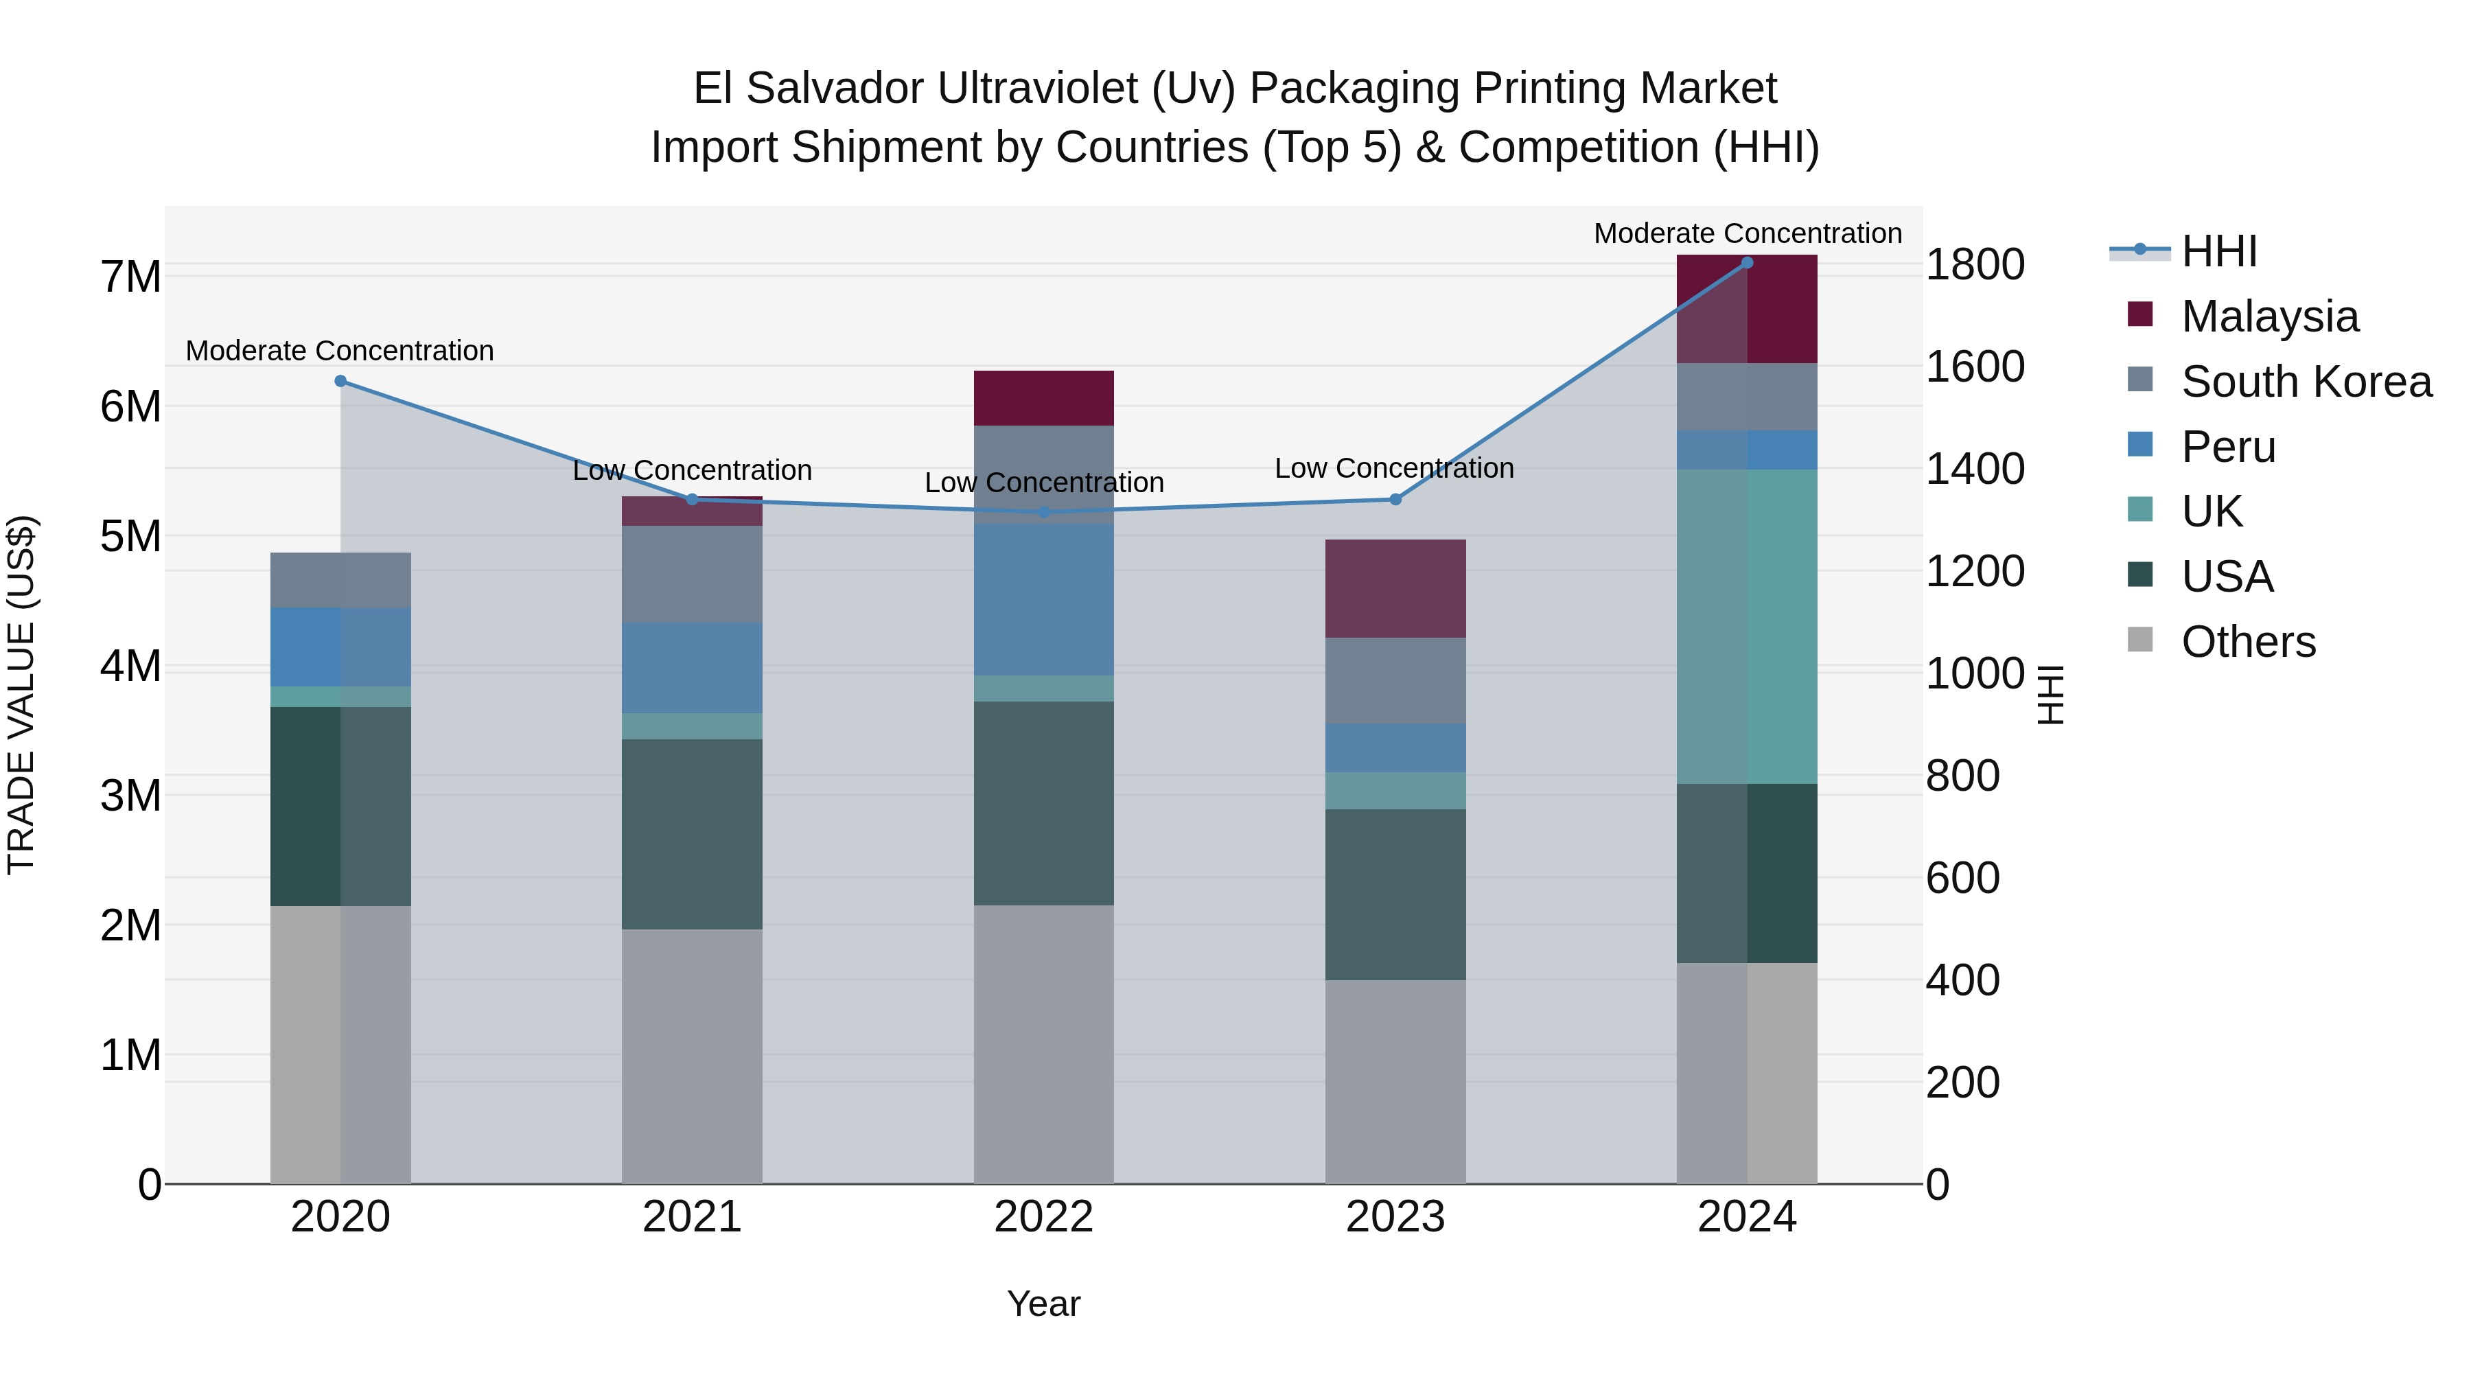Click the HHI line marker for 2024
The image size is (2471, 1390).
pyautogui.click(x=1747, y=263)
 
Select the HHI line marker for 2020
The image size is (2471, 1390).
pyautogui.click(x=340, y=381)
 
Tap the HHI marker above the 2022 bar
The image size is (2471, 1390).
pyautogui.click(x=1043, y=512)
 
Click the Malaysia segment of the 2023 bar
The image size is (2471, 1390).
pyautogui.click(x=1395, y=588)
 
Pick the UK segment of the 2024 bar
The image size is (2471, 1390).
pyautogui.click(x=1747, y=627)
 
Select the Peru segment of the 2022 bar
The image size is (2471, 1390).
pyautogui.click(x=1043, y=599)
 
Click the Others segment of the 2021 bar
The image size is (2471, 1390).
pyautogui.click(x=692, y=1055)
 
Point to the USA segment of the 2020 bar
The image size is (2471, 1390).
pyautogui.click(x=340, y=806)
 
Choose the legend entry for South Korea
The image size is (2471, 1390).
pyautogui.click(x=2306, y=382)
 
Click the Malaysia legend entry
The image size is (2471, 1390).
pyautogui.click(x=2270, y=316)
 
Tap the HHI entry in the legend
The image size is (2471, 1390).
pyautogui.click(x=2218, y=251)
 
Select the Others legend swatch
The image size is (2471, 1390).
pyautogui.click(x=2140, y=640)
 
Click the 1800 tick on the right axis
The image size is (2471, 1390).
pyautogui.click(x=1975, y=265)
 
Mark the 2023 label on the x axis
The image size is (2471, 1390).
pyautogui.click(x=1395, y=1217)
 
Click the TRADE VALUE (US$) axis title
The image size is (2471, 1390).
pyautogui.click(x=21, y=695)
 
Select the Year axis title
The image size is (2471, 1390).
pyautogui.click(x=1043, y=1304)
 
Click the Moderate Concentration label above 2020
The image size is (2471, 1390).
pyautogui.click(x=340, y=351)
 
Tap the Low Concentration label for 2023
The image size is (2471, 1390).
pyautogui.click(x=1394, y=468)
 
